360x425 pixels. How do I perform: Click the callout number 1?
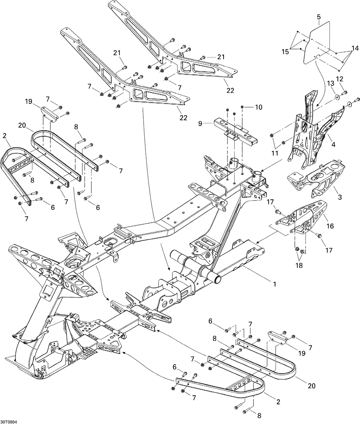tap(274, 284)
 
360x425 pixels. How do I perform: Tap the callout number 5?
tap(319, 17)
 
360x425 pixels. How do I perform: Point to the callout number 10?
tap(258, 107)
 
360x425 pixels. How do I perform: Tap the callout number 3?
tap(339, 197)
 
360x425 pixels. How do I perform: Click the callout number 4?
tap(333, 144)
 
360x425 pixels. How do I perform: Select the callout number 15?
tap(285, 51)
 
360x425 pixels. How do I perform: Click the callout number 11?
tap(275, 153)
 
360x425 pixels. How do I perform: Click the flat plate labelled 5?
tap(316, 44)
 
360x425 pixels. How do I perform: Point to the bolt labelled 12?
tap(344, 93)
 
